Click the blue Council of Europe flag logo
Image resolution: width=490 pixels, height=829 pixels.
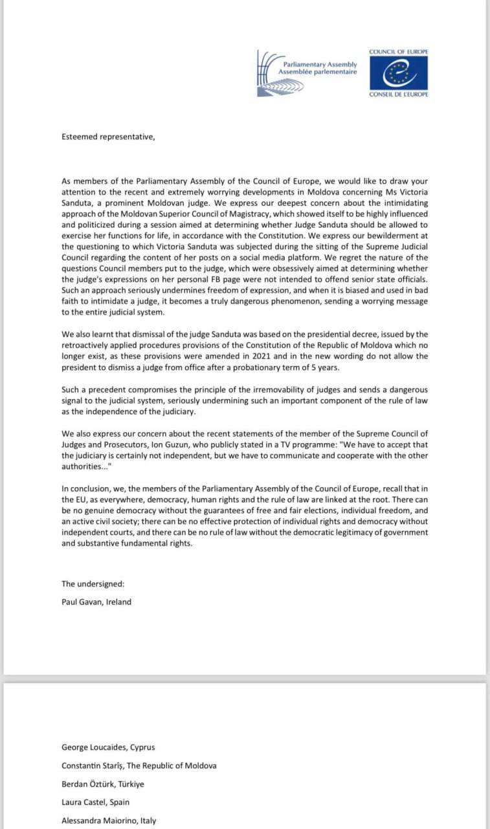(x=399, y=73)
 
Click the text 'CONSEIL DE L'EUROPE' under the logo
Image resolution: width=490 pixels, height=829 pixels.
(x=399, y=94)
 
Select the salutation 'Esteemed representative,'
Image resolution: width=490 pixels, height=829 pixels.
(x=108, y=137)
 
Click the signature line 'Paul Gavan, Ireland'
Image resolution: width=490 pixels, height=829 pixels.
(x=96, y=602)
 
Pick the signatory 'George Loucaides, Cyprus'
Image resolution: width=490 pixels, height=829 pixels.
(x=108, y=747)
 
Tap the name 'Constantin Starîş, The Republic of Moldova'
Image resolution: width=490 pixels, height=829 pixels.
(x=139, y=766)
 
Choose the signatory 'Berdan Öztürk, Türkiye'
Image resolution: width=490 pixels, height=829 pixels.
(x=103, y=784)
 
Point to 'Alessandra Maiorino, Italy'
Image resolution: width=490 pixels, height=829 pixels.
(x=109, y=821)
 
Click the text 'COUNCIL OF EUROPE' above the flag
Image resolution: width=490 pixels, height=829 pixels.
(x=399, y=51)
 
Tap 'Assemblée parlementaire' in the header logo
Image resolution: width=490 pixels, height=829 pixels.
(x=318, y=73)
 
